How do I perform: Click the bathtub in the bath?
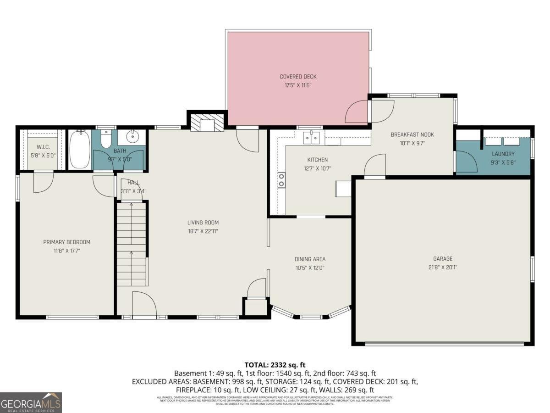(x=79, y=150)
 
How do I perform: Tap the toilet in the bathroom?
(x=106, y=139)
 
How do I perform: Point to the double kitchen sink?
(x=314, y=137)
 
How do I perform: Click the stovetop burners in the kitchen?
(x=281, y=180)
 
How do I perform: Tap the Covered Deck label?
(x=298, y=77)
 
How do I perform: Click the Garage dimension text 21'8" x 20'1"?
(x=442, y=267)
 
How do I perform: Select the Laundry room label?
(x=503, y=154)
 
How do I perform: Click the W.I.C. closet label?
(x=43, y=147)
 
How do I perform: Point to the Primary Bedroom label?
(x=66, y=242)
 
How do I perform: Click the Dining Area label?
(x=310, y=259)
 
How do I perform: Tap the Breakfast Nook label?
(x=412, y=134)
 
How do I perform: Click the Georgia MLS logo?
(x=31, y=402)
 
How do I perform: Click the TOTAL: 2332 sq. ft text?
(x=275, y=365)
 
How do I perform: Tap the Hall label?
(x=133, y=183)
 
